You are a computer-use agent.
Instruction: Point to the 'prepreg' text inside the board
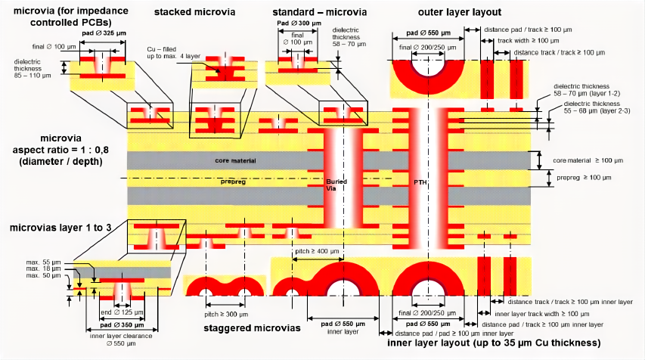point(234,182)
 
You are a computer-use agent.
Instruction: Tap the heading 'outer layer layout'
point(460,13)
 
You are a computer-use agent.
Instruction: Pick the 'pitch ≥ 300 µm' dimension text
point(225,312)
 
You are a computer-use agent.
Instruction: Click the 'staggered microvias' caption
point(252,328)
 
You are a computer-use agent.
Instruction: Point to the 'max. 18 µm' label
point(43,268)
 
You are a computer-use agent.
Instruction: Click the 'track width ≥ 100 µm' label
point(529,40)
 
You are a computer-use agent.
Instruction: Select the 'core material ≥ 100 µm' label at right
point(587,160)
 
